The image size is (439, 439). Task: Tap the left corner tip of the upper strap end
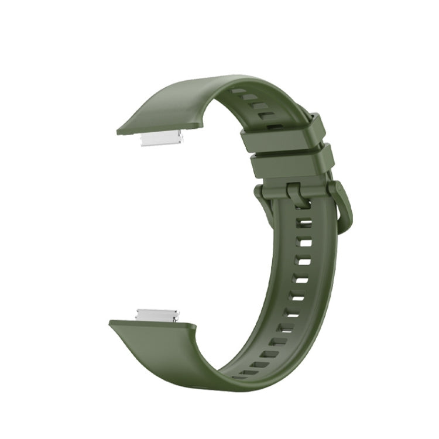pos(118,132)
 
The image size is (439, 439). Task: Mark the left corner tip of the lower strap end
pos(111,322)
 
